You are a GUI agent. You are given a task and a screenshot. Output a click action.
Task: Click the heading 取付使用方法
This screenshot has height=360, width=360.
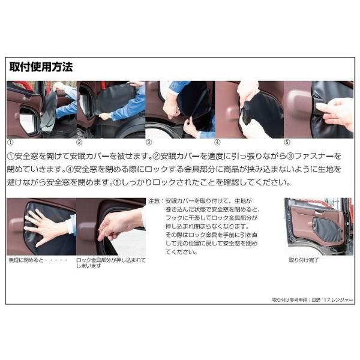pos(41,67)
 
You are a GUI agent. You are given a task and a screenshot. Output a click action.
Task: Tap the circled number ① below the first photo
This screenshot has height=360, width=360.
pos(11,142)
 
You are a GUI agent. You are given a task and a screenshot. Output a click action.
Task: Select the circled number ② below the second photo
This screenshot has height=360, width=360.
pos(79,142)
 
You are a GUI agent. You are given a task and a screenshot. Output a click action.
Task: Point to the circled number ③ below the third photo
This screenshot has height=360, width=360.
pos(149,142)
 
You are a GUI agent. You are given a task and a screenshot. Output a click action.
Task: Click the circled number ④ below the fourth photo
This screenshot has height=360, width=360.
pos(217,142)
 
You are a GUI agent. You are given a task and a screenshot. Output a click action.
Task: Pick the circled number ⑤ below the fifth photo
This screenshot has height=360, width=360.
pos(287,142)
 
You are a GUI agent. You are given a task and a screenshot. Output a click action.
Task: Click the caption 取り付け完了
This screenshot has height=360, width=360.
pos(304,260)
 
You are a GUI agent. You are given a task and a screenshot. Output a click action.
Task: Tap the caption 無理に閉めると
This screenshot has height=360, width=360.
pos(26,260)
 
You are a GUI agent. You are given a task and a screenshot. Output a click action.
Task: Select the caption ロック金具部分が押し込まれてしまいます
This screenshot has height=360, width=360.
pos(111,263)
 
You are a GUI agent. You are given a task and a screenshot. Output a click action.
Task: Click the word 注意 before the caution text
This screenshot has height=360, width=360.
pos(154,201)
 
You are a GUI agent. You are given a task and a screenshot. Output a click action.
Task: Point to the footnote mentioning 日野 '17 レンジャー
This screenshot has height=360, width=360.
pos(313,300)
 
